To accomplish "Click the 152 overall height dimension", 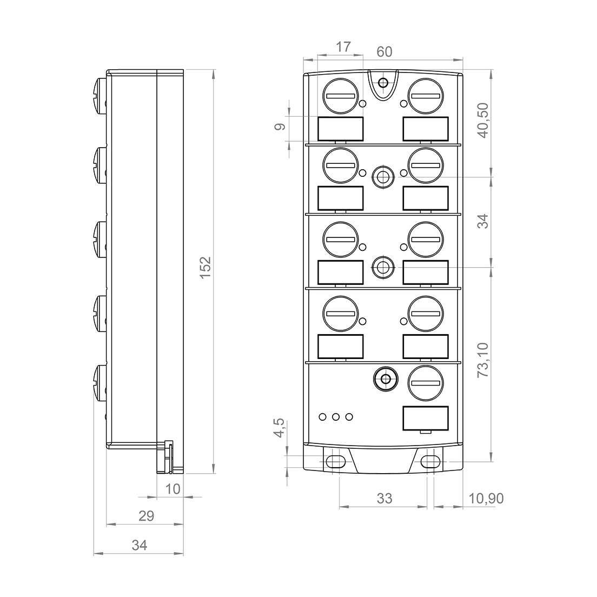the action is [x=205, y=267].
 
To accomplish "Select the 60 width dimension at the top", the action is [x=384, y=52].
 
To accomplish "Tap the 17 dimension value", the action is [x=343, y=47].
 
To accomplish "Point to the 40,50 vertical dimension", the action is [x=483, y=120].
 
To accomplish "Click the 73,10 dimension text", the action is [x=483, y=360].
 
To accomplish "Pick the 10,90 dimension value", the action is [x=486, y=498].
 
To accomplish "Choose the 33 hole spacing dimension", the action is [x=384, y=498].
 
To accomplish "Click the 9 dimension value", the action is [x=280, y=127].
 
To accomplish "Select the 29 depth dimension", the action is [x=146, y=516].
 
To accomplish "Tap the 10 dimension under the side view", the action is [x=173, y=489].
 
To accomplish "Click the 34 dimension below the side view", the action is [x=140, y=545].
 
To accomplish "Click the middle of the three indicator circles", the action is [x=336, y=417].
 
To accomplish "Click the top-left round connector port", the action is [x=341, y=96].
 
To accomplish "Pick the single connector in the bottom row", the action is [x=426, y=383].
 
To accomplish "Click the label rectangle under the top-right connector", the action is [x=426, y=129].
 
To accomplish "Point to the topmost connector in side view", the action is [x=99, y=96].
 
